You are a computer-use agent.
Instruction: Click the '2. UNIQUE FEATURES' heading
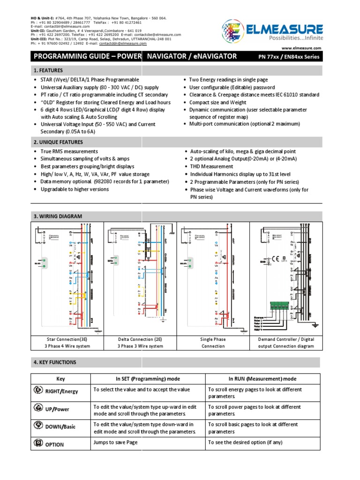coord(58,142)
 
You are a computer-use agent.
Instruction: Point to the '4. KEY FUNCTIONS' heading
coord(54,362)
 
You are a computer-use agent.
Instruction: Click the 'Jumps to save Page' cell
coord(116,442)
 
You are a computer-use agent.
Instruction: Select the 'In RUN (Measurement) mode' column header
coord(262,379)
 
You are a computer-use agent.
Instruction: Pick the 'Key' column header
coord(61,379)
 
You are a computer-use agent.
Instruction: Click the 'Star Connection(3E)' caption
coord(67,339)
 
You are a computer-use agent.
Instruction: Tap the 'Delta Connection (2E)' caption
coord(140,339)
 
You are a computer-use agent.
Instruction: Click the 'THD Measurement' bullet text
coord(211,166)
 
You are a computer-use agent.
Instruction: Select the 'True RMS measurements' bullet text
coord(69,151)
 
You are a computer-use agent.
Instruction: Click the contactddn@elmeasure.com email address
coord(123,44)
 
